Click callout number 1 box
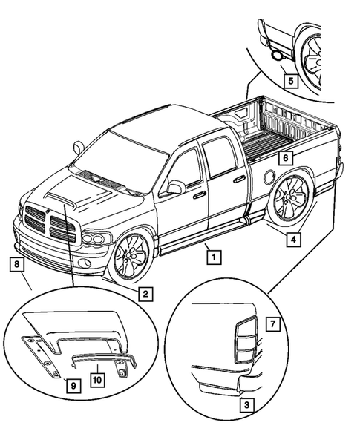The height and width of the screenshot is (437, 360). point(213,257)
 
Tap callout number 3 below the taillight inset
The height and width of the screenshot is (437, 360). point(246,405)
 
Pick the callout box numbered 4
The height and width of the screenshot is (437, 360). point(295,239)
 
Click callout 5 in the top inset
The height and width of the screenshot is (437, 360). point(289,79)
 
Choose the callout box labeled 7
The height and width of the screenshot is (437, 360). point(273,324)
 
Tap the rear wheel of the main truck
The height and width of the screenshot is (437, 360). point(291,199)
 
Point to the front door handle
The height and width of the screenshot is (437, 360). point(199,195)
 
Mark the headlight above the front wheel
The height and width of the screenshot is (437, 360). point(95,239)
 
